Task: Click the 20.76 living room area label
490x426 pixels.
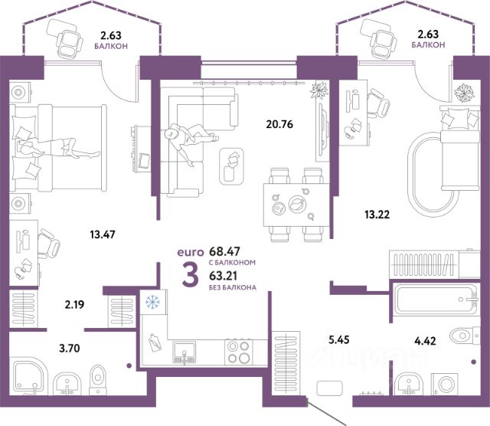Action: click(x=279, y=124)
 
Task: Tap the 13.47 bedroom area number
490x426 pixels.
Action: click(x=103, y=234)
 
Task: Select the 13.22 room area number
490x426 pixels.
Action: click(x=377, y=215)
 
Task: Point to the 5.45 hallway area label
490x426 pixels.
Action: click(x=339, y=339)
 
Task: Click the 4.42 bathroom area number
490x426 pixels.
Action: click(x=425, y=341)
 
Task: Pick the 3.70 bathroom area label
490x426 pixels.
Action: click(x=70, y=348)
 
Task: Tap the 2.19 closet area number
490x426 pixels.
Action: click(x=74, y=304)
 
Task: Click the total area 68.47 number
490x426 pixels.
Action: click(x=224, y=251)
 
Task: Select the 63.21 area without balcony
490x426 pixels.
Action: click(x=223, y=276)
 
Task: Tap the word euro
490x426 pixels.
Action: click(x=191, y=252)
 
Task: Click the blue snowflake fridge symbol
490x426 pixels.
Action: click(x=152, y=302)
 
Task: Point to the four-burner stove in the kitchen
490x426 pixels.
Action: click(x=238, y=352)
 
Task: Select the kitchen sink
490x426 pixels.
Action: click(x=185, y=352)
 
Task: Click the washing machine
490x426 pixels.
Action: click(x=446, y=384)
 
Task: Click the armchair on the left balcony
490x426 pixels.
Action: click(x=66, y=38)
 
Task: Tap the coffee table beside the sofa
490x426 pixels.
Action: click(x=231, y=166)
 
